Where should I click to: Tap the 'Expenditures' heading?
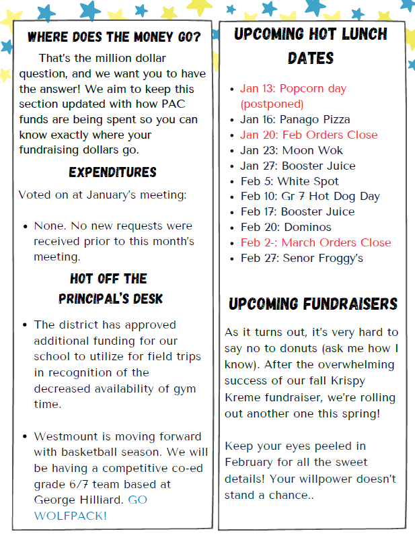click(112, 173)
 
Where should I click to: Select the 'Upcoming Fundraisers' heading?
click(313, 304)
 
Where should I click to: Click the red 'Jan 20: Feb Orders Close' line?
click(309, 135)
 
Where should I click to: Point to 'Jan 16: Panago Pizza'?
click(295, 119)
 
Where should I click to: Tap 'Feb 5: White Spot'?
click(289, 181)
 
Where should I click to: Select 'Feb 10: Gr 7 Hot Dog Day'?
click(310, 197)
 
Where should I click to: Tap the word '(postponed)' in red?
click(272, 104)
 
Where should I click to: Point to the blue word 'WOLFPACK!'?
click(70, 516)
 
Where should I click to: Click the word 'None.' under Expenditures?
click(51, 226)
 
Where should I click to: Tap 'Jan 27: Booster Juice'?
click(298, 166)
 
